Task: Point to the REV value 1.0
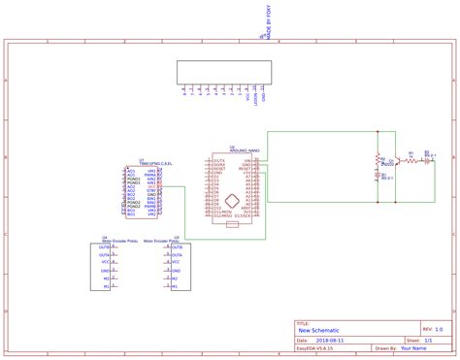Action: pos(439,329)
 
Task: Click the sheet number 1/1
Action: pos(427,341)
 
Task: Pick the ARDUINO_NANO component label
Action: pos(244,151)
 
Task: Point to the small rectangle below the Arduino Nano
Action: pos(232,224)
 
